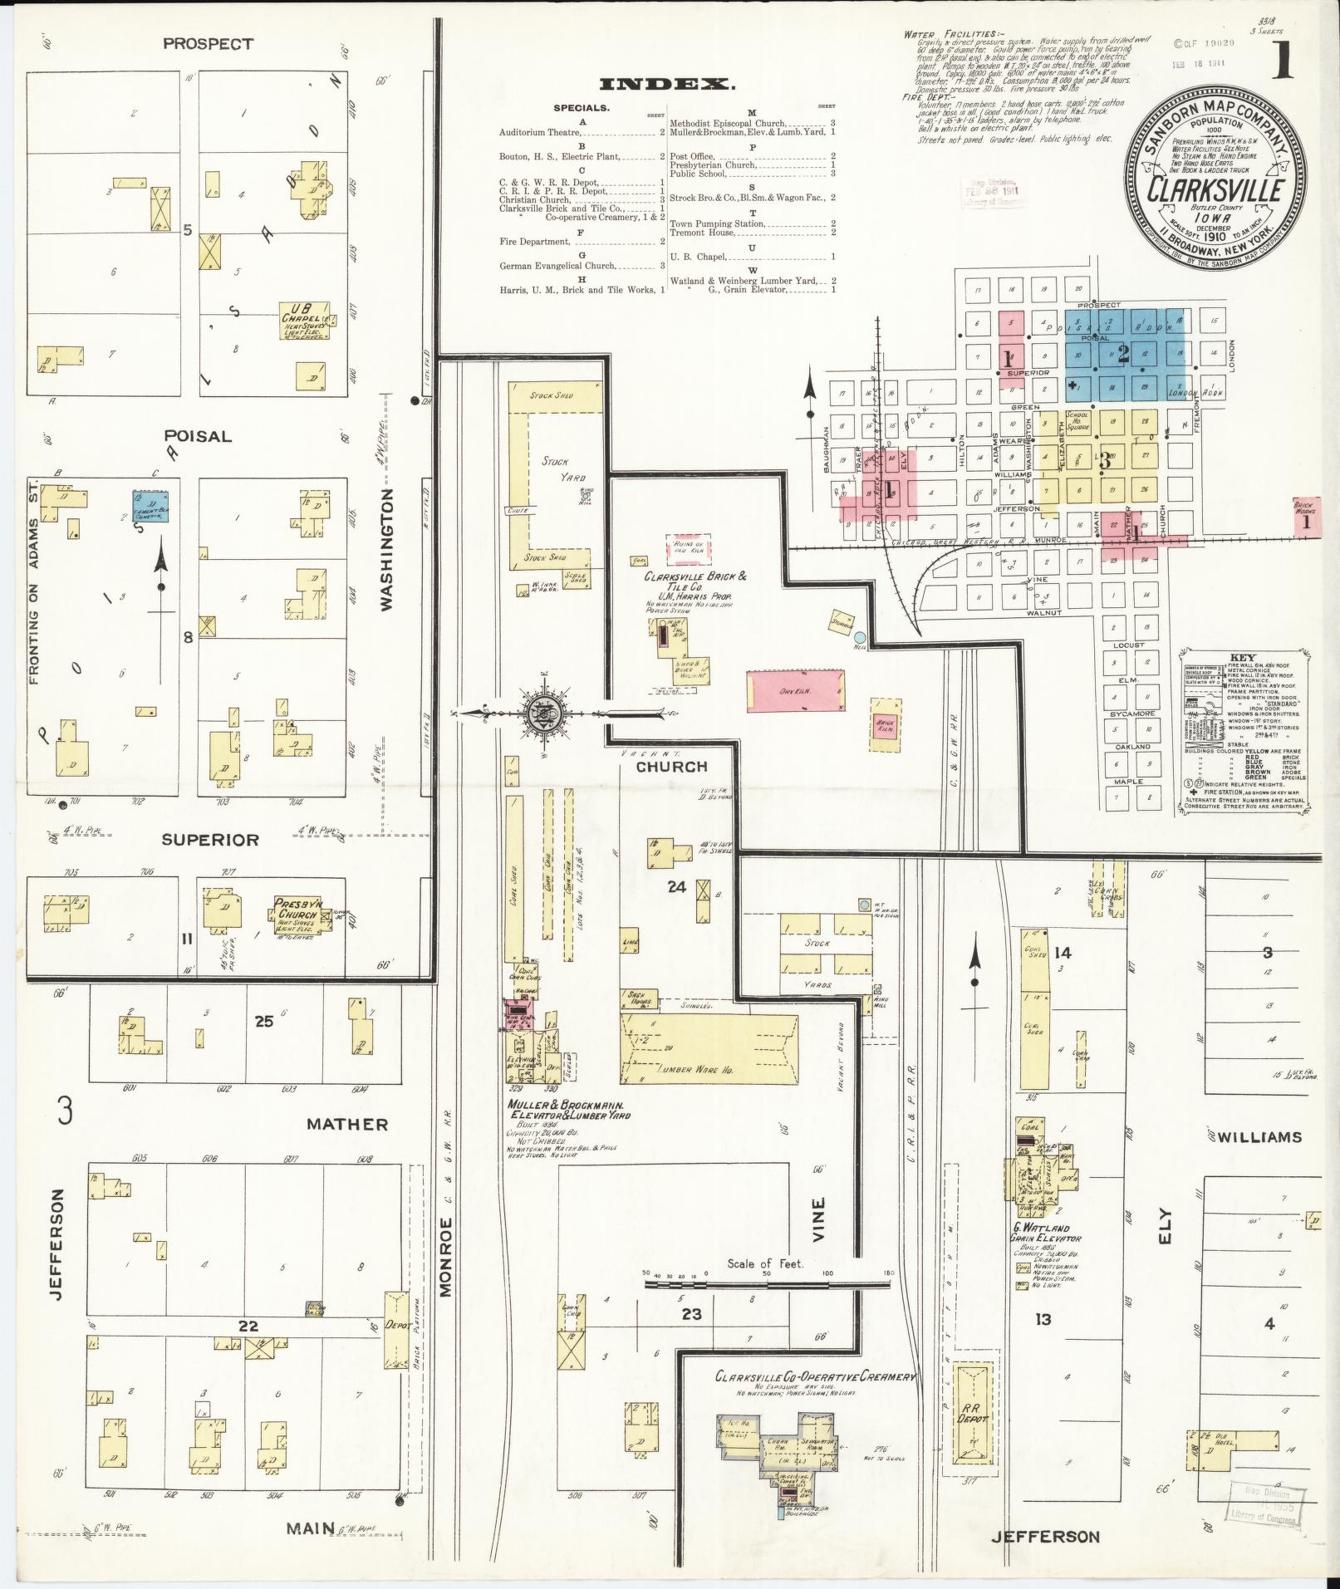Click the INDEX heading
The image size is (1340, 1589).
point(666,84)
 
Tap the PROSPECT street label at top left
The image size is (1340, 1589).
point(208,44)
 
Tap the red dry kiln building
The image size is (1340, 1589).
point(796,690)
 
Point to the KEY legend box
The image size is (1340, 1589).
point(1244,732)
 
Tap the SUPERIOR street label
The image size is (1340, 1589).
point(210,840)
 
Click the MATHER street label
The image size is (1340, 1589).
point(347,1124)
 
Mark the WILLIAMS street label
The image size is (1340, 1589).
point(1260,1137)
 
